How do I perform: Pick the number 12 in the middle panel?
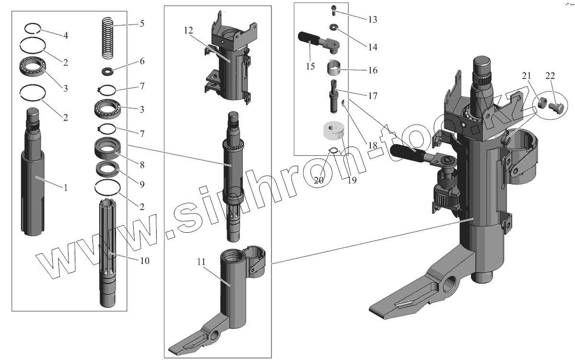[x=188, y=31]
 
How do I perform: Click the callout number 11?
[x=201, y=262]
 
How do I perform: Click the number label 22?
[x=550, y=76]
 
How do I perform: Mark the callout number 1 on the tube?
[x=66, y=187]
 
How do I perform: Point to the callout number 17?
[x=372, y=96]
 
